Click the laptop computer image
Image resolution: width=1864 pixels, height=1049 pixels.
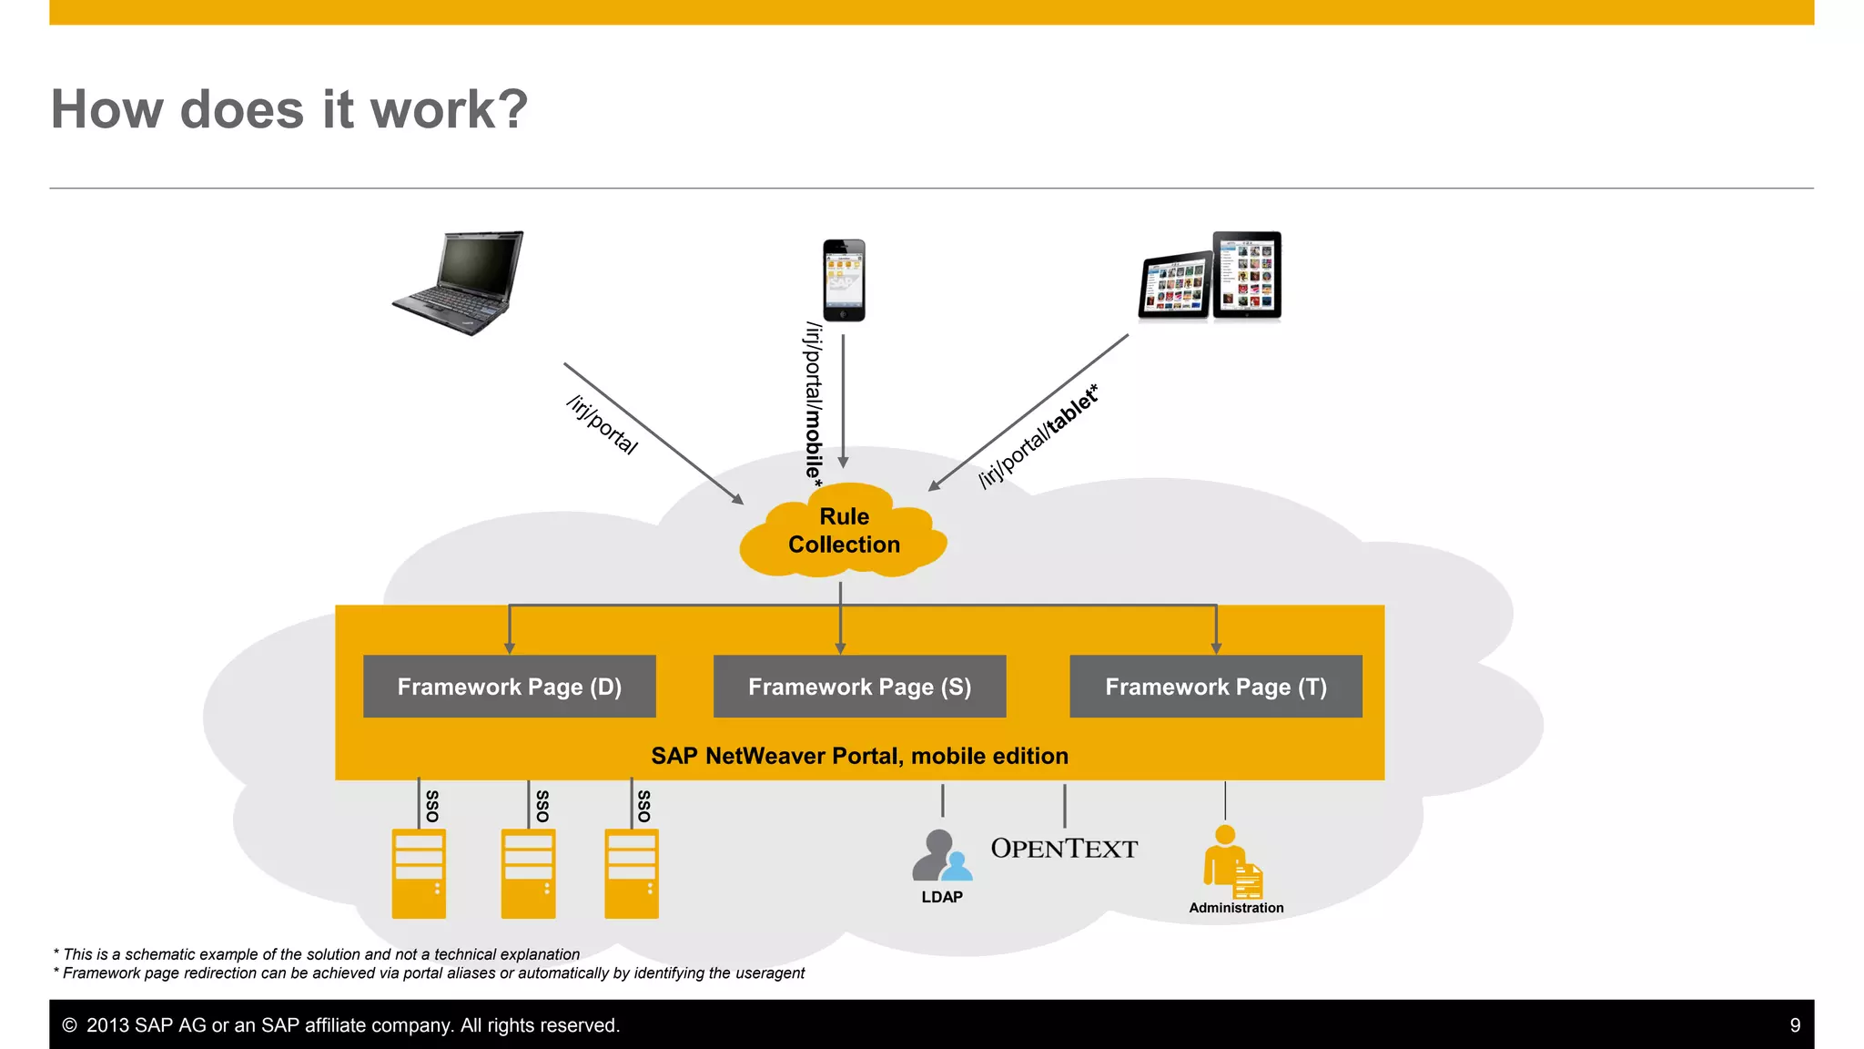coord(461,282)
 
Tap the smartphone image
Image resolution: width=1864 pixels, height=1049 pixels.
coord(844,280)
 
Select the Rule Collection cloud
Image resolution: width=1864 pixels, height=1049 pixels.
coord(844,531)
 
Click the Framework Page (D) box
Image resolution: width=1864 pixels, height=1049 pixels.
coord(509,687)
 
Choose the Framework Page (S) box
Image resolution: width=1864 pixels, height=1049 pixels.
coord(859,687)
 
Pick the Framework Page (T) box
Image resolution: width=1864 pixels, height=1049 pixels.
coord(1215,687)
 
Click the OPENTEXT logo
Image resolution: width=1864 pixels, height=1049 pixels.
coord(1064,849)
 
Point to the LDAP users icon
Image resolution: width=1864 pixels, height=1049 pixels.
coord(941,856)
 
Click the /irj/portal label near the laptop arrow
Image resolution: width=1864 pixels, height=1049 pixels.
coord(602,424)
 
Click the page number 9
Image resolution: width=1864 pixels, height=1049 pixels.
coord(1795,1025)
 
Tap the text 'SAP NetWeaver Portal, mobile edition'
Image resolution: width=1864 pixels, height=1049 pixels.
coord(859,756)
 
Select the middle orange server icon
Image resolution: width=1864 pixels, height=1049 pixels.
coord(528,873)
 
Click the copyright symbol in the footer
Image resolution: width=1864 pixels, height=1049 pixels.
coord(69,1025)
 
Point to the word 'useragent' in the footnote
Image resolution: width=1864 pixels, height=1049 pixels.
coord(771,973)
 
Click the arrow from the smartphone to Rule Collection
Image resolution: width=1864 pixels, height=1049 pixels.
coord(843,401)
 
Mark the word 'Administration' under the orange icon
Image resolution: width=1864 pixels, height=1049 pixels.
coord(1236,908)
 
